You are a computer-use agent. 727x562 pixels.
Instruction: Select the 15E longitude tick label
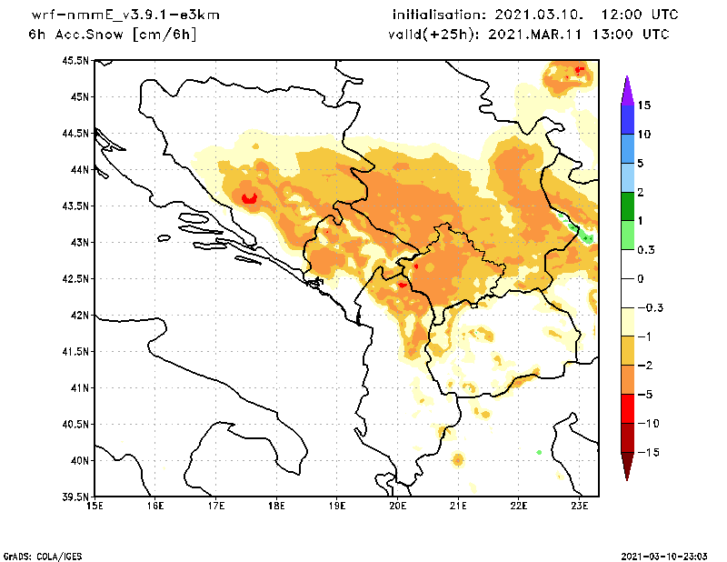pos(94,506)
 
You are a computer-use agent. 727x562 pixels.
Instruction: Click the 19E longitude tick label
pos(337,506)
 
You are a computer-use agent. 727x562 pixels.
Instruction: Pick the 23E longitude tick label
pos(581,506)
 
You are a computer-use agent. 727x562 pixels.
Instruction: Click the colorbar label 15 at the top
pos(643,105)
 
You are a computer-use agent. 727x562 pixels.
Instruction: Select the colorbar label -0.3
pos(648,307)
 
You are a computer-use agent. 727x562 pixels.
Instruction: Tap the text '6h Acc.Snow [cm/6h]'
pos(113,34)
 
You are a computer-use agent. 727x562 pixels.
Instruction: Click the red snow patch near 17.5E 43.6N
pos(247,197)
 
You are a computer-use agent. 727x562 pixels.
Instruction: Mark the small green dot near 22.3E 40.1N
pos(539,452)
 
